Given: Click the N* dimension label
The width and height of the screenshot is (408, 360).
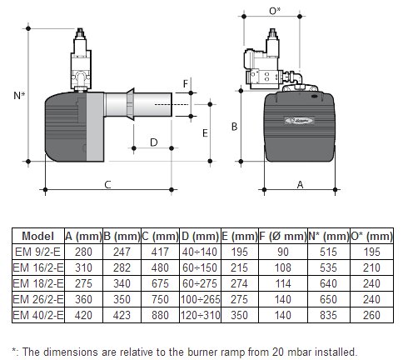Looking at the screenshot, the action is pyautogui.click(x=19, y=95).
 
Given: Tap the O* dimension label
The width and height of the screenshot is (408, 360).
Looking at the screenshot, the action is pyautogui.click(x=275, y=11).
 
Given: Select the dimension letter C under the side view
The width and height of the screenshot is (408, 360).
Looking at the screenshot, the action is pyautogui.click(x=107, y=185).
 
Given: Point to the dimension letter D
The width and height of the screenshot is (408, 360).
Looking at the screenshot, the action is pyautogui.click(x=153, y=142).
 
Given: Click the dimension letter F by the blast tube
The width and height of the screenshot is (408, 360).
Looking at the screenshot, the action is pyautogui.click(x=186, y=83).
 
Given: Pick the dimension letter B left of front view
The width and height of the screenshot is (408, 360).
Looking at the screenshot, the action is pyautogui.click(x=235, y=127).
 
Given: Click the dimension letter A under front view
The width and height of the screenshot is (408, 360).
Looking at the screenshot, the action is pyautogui.click(x=300, y=185).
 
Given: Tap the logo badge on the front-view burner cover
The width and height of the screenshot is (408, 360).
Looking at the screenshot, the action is pyautogui.click(x=299, y=120).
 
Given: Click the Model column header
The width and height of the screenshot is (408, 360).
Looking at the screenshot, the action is pyautogui.click(x=37, y=236).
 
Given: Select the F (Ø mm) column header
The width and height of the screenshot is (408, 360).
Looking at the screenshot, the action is pyautogui.click(x=283, y=236).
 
